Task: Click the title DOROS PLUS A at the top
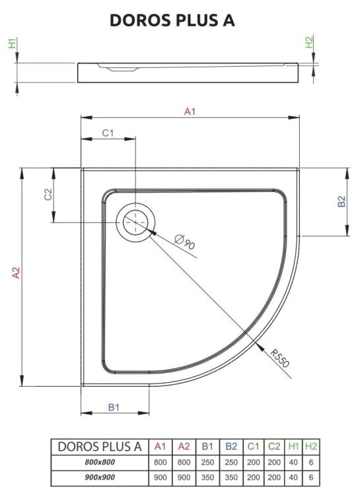point(172,20)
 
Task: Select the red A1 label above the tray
point(190,112)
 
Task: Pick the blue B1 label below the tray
point(114,407)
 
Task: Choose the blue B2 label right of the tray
point(342,202)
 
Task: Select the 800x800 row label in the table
point(100,463)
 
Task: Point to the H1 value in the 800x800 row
point(293,463)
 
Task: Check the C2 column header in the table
point(274,447)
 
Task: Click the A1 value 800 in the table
point(160,463)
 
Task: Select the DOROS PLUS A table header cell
point(100,447)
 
